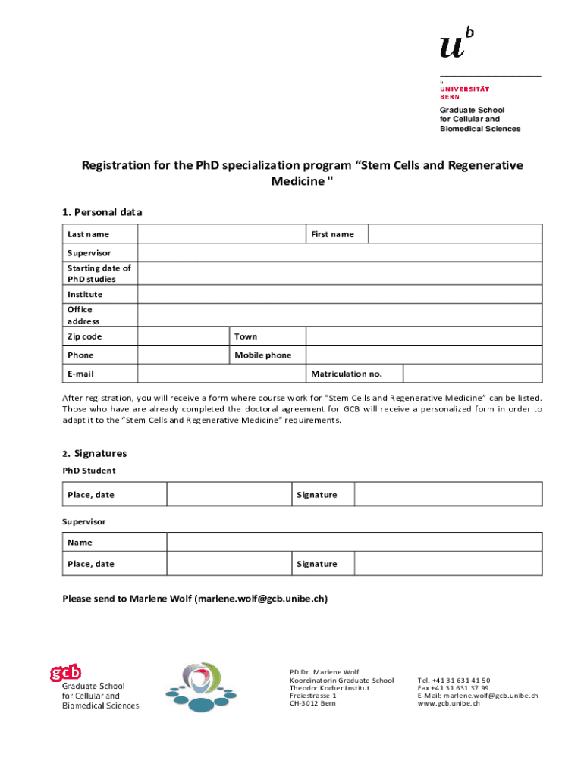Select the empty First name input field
tap(455, 234)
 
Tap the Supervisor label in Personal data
tap(89, 252)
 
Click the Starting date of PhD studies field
tap(340, 274)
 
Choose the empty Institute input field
tap(340, 294)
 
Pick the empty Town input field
tap(423, 336)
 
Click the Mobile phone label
tap(262, 355)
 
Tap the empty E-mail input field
tap(221, 374)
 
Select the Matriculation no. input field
tap(472, 374)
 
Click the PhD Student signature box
tap(448, 495)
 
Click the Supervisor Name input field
tap(353, 542)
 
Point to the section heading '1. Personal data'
tap(102, 212)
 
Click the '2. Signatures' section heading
tap(95, 453)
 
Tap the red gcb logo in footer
tap(66, 672)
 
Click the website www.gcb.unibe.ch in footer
tap(449, 703)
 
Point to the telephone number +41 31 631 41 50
tap(454, 681)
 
